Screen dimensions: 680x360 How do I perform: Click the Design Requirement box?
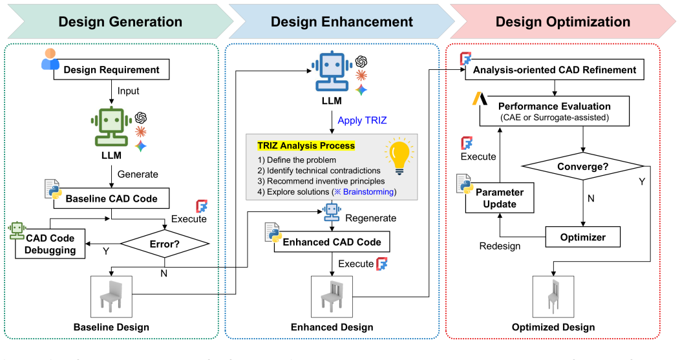pos(111,69)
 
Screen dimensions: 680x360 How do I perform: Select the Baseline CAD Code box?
pos(111,198)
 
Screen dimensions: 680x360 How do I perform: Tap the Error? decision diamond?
pos(165,244)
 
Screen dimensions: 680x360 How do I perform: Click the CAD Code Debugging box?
pos(50,244)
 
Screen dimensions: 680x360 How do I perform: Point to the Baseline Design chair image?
pos(111,297)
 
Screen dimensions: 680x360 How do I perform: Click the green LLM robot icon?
pos(111,126)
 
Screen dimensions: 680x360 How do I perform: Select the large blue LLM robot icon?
pos(332,72)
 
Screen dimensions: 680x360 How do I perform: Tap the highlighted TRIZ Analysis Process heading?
pos(306,145)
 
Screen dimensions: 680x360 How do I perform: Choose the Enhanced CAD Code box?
pos(332,242)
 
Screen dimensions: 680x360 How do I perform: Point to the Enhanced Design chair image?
pos(332,297)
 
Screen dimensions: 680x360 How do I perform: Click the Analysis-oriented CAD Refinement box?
pos(554,69)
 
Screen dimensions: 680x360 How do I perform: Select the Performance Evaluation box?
pos(554,111)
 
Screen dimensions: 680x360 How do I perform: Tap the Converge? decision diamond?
pos(583,167)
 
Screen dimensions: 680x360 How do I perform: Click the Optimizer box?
pos(583,237)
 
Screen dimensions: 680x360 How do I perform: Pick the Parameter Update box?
pos(500,198)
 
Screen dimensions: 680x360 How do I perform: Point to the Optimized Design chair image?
pos(553,297)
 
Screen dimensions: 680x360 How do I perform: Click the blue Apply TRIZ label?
pos(362,120)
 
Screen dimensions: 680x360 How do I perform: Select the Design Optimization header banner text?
pos(563,22)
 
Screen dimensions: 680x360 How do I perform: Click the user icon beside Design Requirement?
pos(50,59)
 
